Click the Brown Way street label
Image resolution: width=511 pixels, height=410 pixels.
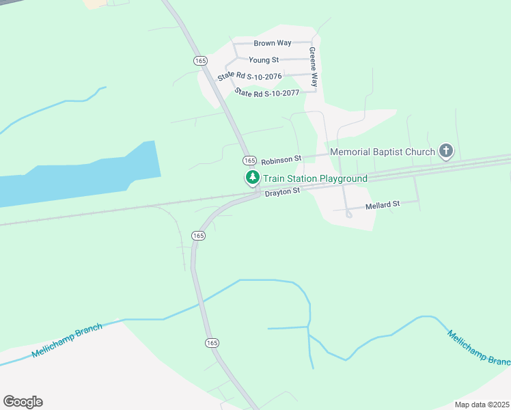pos(273,43)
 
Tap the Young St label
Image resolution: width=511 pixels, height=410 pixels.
pos(264,60)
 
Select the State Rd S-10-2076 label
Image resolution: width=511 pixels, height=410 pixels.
pos(249,76)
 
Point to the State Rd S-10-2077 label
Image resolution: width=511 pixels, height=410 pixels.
pos(267,92)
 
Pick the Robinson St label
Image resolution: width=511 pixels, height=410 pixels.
pos(281,159)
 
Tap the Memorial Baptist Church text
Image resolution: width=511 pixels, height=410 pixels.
pos(382,152)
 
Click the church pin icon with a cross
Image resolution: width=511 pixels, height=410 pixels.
pos(445,150)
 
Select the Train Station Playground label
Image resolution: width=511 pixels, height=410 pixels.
pos(315,178)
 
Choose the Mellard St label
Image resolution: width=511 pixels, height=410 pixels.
pos(382,204)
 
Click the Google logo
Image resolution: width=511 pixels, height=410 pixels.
pos(23,402)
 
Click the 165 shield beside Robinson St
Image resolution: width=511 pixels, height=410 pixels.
pos(249,160)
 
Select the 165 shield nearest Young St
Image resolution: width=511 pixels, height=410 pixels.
pos(200,60)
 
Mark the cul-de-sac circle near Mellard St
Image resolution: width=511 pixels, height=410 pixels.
pos(348,214)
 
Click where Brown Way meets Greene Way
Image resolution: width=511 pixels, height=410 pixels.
pos(312,42)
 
